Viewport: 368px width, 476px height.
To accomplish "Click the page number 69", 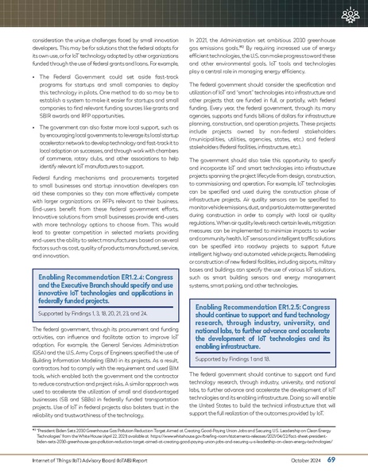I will point(352,459).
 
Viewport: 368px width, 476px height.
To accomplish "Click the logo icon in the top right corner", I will point(351,15).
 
